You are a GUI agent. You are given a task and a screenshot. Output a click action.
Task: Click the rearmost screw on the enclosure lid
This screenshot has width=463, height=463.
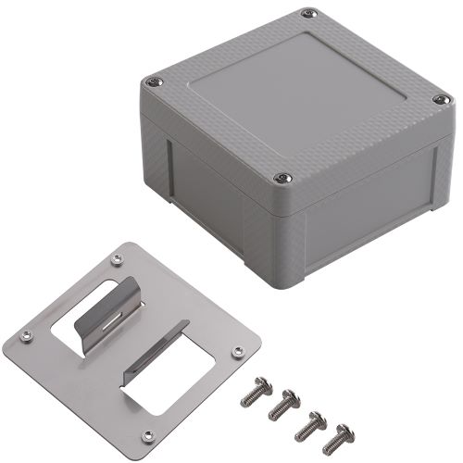pyautogui.click(x=305, y=15)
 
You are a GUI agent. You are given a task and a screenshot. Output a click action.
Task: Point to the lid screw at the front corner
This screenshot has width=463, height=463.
pyautogui.click(x=282, y=178)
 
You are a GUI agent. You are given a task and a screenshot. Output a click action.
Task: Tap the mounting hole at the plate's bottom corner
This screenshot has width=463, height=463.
pyautogui.click(x=144, y=436)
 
